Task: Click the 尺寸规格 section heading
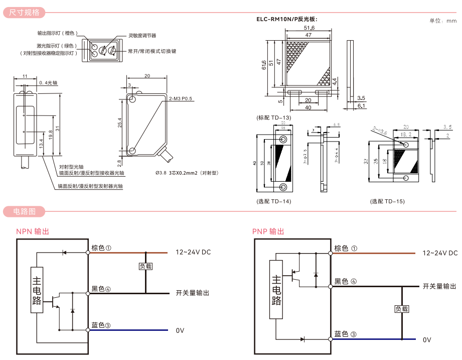[24, 13]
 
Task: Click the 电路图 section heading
[24, 211]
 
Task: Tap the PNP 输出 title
[268, 231]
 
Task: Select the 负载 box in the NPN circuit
[145, 267]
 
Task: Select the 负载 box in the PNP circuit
[402, 309]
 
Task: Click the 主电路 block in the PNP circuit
[276, 290]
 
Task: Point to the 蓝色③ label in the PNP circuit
[346, 334]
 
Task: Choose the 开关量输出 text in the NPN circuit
[193, 293]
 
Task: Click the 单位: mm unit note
[443, 21]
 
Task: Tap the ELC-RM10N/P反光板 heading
[287, 20]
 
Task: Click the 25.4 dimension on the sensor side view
[119, 123]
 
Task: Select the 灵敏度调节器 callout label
[142, 36]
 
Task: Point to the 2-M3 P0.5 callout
[181, 99]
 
